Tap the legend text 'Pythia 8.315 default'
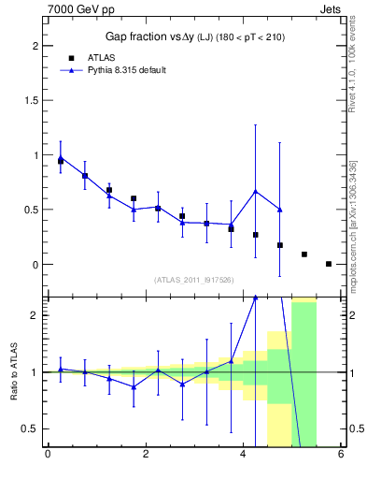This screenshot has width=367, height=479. tap(126, 70)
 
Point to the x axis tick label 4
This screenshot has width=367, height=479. tap(243, 456)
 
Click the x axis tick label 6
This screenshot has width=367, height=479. tap(341, 456)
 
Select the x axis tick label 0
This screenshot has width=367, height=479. tap(48, 456)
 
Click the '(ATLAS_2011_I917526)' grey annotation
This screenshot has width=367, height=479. tap(193, 280)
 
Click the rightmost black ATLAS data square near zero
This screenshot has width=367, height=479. tap(329, 264)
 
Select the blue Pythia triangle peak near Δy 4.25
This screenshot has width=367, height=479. tap(255, 192)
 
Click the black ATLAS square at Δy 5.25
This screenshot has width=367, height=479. tap(304, 254)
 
